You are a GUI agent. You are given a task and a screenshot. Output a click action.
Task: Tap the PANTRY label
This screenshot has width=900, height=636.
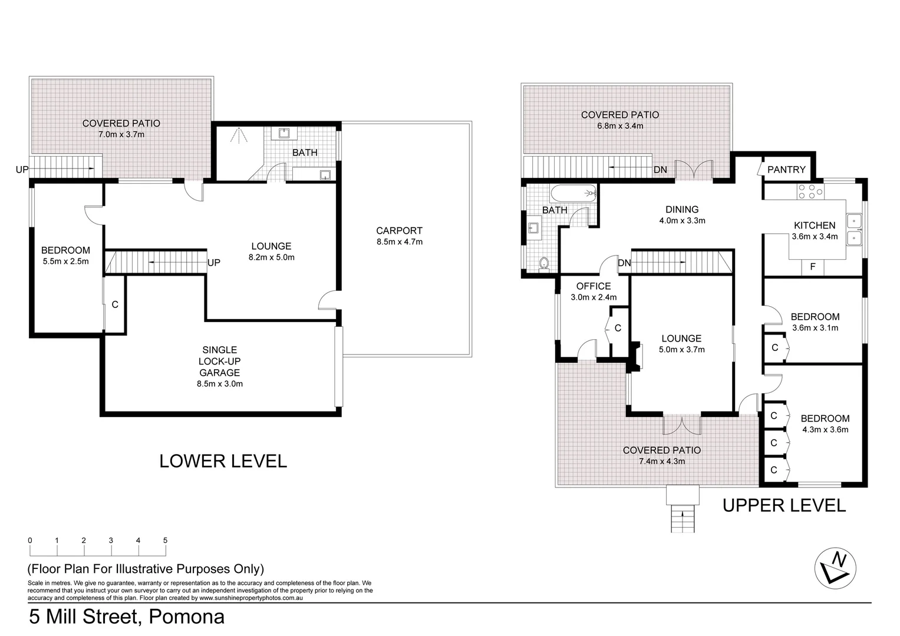(786, 170)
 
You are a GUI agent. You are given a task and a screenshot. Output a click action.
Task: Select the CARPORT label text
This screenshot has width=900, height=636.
(399, 231)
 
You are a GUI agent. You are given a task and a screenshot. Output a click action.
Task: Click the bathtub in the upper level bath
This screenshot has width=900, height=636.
(573, 193)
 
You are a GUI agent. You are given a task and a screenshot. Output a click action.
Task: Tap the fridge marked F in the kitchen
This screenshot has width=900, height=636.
(813, 267)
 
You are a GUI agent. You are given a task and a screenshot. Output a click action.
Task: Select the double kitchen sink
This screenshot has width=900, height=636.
(854, 229)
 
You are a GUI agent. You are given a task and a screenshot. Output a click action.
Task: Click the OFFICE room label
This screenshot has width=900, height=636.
(594, 286)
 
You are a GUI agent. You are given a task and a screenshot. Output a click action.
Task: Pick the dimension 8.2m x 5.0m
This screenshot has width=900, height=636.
(271, 257)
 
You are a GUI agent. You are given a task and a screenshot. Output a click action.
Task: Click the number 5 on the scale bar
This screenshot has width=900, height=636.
(165, 541)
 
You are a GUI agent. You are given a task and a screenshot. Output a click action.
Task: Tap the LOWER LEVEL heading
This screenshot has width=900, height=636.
(223, 461)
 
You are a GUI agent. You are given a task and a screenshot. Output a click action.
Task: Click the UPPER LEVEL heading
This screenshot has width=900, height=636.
(784, 505)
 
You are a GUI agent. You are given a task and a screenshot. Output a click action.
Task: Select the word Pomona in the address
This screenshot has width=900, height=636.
(186, 617)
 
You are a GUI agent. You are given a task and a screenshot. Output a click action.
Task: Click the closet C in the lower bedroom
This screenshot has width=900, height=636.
(115, 304)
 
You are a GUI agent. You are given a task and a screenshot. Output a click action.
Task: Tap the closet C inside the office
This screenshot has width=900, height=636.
(618, 328)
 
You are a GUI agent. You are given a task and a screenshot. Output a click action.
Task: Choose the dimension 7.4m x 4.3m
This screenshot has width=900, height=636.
(662, 461)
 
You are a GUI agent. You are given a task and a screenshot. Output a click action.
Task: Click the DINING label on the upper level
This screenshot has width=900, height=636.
(682, 209)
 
